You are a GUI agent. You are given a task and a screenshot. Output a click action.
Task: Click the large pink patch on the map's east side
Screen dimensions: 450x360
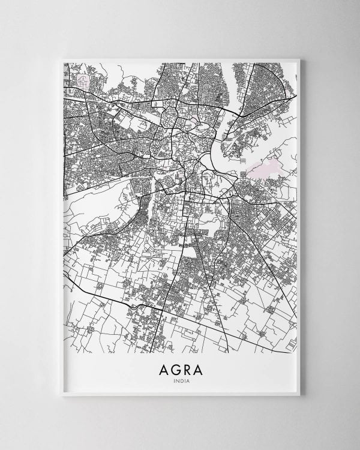click(x=264, y=169)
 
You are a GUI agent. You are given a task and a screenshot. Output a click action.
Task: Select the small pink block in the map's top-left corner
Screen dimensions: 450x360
click(x=80, y=79)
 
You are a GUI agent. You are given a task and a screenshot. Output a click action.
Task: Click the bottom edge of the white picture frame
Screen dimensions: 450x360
click(x=180, y=397)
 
